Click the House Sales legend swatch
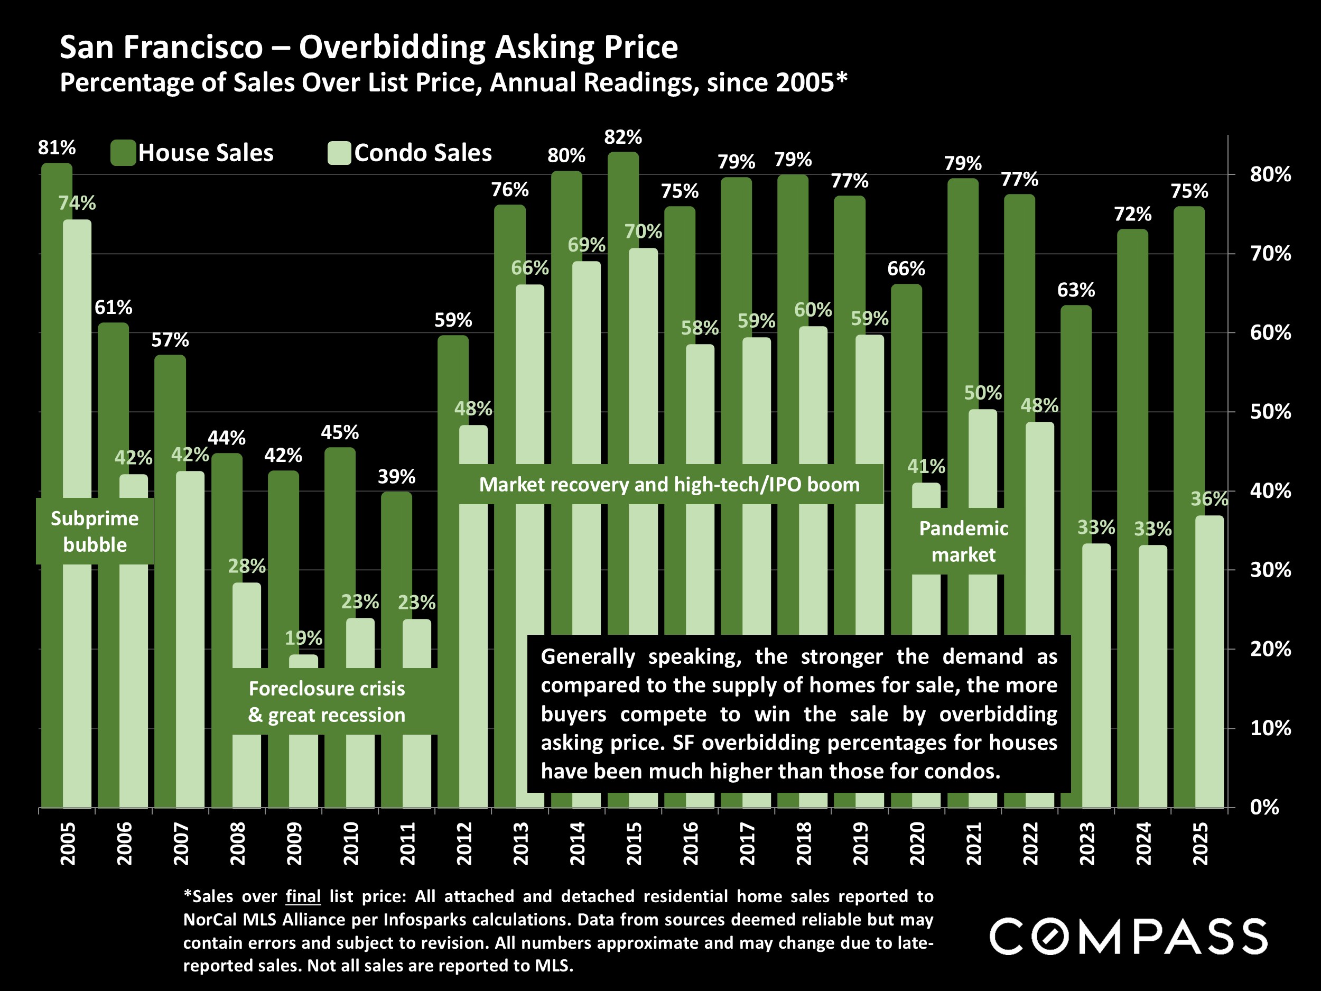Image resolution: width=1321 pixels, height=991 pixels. tap(123, 153)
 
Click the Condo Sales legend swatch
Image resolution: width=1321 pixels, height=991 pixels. tap(339, 153)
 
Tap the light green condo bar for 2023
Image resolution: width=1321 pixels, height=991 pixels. tap(1096, 675)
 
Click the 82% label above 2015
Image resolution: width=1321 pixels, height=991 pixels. tap(623, 137)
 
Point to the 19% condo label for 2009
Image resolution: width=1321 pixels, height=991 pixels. tap(303, 638)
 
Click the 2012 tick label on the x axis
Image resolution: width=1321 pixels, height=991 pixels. tap(464, 843)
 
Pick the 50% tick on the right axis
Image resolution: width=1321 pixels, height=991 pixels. tap(1270, 412)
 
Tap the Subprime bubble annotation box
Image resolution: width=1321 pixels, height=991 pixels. tap(95, 531)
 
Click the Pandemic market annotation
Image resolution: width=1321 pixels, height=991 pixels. tap(963, 541)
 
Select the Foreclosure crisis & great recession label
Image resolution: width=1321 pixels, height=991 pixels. tap(327, 701)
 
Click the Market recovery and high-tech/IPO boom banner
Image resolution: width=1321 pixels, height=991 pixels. tap(669, 485)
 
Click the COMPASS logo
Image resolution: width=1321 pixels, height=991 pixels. tap(1128, 936)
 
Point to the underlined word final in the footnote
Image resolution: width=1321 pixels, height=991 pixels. tap(303, 896)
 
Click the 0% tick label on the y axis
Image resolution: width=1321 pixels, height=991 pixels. tap(1264, 808)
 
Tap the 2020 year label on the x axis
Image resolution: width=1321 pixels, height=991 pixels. tap(917, 843)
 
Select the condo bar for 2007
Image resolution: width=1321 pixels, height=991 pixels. tap(190, 639)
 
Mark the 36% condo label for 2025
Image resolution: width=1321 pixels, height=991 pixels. tap(1209, 499)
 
